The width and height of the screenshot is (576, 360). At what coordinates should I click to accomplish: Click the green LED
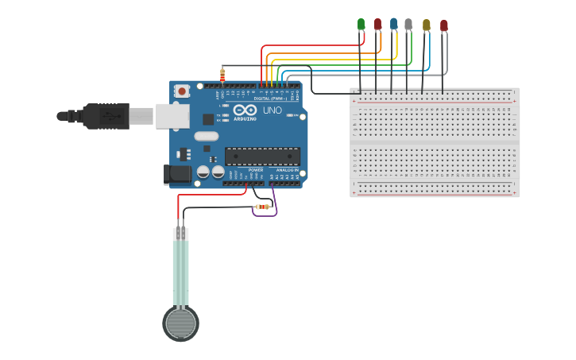(x=361, y=24)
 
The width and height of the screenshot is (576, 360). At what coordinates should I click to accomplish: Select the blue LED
(x=393, y=23)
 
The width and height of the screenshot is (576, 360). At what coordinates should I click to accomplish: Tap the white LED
(x=408, y=24)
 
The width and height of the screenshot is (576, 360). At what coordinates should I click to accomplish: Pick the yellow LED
(x=426, y=25)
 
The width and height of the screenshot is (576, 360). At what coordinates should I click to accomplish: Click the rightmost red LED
(x=443, y=25)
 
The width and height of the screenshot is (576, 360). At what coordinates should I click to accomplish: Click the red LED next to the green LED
(x=377, y=24)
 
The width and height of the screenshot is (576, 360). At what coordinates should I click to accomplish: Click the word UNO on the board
(x=272, y=110)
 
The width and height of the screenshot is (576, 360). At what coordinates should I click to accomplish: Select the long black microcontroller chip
(x=261, y=157)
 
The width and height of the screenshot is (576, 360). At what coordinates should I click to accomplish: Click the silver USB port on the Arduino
(x=172, y=116)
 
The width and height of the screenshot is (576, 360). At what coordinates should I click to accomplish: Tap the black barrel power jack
(x=176, y=175)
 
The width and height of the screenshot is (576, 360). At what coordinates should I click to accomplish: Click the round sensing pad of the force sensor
(x=180, y=323)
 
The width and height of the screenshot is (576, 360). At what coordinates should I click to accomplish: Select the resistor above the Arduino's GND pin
(x=222, y=75)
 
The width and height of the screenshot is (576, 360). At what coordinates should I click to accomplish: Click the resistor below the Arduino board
(x=261, y=207)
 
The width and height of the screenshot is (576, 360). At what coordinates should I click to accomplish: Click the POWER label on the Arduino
(x=255, y=170)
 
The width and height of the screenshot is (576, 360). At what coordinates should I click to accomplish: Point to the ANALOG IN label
(x=287, y=170)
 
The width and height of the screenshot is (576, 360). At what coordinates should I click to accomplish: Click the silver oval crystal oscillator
(x=206, y=136)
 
